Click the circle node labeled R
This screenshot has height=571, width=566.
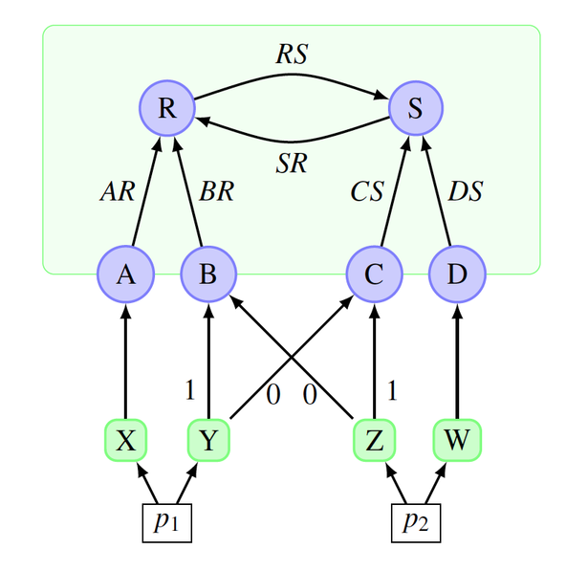point(167,107)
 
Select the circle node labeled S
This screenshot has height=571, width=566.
point(416,107)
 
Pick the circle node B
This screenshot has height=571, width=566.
point(208,275)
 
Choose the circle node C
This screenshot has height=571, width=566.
point(374,275)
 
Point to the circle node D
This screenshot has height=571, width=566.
point(457,275)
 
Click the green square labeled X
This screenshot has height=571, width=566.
point(125,441)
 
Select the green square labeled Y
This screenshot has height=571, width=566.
point(208,441)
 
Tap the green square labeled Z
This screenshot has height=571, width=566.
point(374,441)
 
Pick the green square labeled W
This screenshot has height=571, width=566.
point(457,441)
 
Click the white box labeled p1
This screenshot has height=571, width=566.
point(167,523)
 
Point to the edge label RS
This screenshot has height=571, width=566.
point(292,55)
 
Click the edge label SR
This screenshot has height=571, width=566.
point(292,163)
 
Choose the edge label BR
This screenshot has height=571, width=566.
point(216,191)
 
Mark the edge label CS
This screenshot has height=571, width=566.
point(365,191)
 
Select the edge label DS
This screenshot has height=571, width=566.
point(466,191)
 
